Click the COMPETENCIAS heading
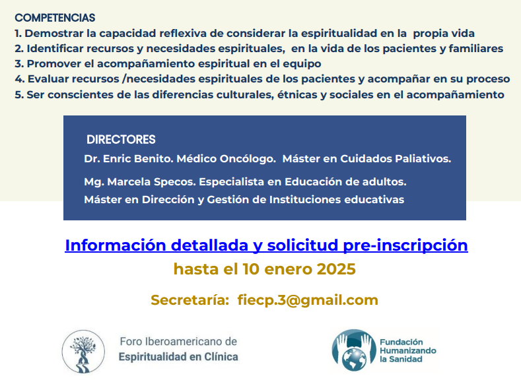click(x=55, y=18)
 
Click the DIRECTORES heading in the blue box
click(x=121, y=140)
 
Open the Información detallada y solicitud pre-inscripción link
click(x=266, y=245)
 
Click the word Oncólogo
click(x=241, y=159)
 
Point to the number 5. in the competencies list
click(x=19, y=94)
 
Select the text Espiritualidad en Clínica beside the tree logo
click(x=178, y=357)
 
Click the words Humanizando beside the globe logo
click(x=407, y=351)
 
